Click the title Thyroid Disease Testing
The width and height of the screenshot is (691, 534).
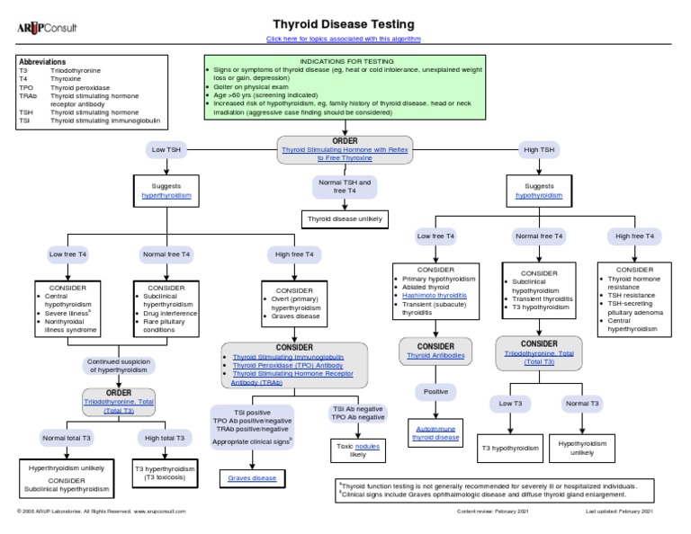click(344, 24)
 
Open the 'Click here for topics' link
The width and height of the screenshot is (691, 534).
click(344, 40)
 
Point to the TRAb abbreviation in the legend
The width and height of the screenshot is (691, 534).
click(26, 95)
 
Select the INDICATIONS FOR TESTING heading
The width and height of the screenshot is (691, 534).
click(345, 61)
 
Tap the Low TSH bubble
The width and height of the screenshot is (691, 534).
click(166, 148)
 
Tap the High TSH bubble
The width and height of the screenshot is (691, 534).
click(539, 148)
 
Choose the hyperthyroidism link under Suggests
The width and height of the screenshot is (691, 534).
click(166, 195)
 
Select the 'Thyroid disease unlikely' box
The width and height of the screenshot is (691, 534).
click(345, 218)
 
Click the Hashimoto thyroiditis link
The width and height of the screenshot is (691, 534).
click(435, 294)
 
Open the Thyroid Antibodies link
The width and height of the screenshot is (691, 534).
click(435, 355)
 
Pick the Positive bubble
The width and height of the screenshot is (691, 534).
click(435, 392)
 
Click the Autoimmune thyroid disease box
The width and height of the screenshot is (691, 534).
click(435, 434)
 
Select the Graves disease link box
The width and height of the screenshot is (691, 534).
click(252, 478)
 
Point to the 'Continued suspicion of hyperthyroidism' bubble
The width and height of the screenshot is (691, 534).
click(119, 366)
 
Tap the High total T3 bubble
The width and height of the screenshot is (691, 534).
click(166, 438)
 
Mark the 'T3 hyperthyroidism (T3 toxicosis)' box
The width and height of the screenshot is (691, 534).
click(166, 473)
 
